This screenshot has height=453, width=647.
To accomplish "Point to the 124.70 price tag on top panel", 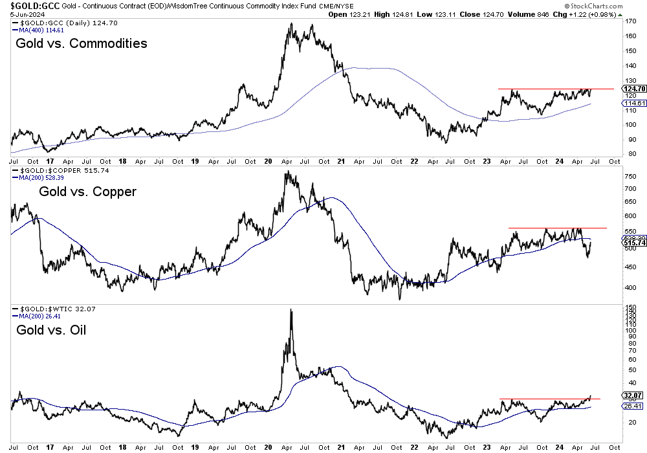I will click(633, 89).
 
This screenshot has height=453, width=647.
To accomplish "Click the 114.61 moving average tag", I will click(633, 104).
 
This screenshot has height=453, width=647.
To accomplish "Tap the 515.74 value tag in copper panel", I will click(633, 243).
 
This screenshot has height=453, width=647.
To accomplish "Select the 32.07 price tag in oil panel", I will click(633, 395).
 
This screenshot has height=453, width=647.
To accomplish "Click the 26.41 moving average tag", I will click(633, 406).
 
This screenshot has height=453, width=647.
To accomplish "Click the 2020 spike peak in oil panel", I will click(291, 311).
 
